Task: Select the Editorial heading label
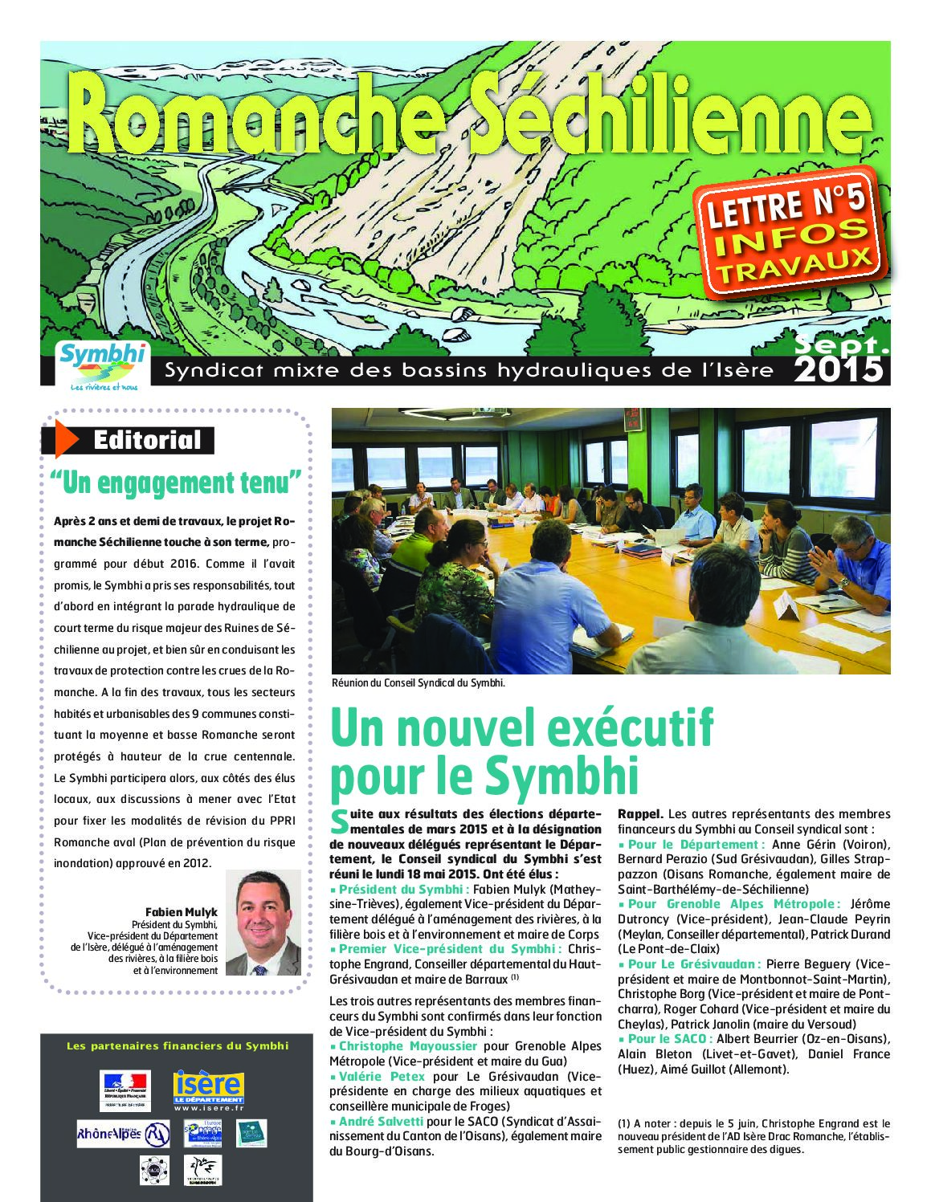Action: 147,440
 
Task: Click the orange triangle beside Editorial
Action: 66,439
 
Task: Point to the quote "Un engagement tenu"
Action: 176,483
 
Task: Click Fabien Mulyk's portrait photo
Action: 263,923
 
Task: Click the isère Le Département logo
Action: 208,1090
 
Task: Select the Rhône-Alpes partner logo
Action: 123,1133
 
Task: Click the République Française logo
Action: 125,1090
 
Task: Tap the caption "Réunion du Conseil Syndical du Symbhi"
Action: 418,683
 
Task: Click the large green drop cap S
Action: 340,821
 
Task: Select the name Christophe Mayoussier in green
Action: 407,1046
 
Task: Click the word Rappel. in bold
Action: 640,814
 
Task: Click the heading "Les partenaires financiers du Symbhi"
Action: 178,1045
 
